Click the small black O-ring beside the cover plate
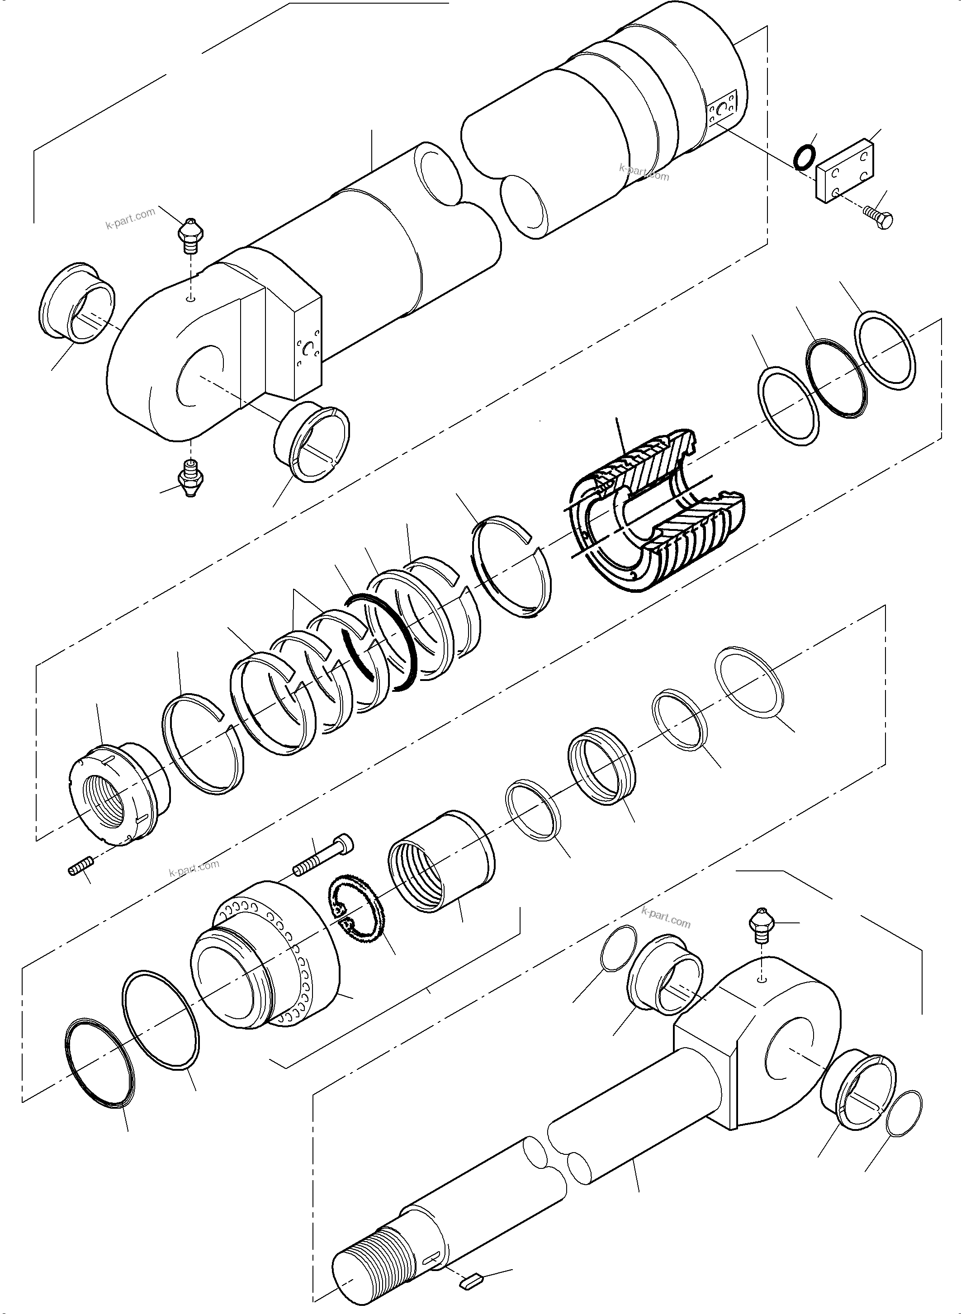pos(804,158)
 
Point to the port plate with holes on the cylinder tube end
pos(723,109)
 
